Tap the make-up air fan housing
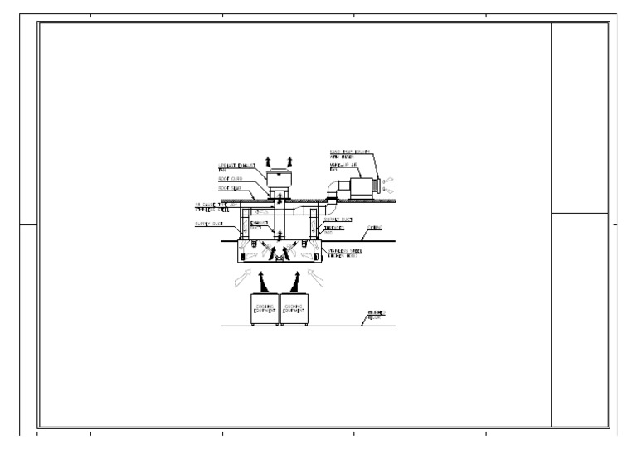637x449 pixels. [x=356, y=183]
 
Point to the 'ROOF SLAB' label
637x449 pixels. [x=230, y=189]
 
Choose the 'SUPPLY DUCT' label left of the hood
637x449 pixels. [x=207, y=224]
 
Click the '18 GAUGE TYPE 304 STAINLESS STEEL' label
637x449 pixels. [x=213, y=206]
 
